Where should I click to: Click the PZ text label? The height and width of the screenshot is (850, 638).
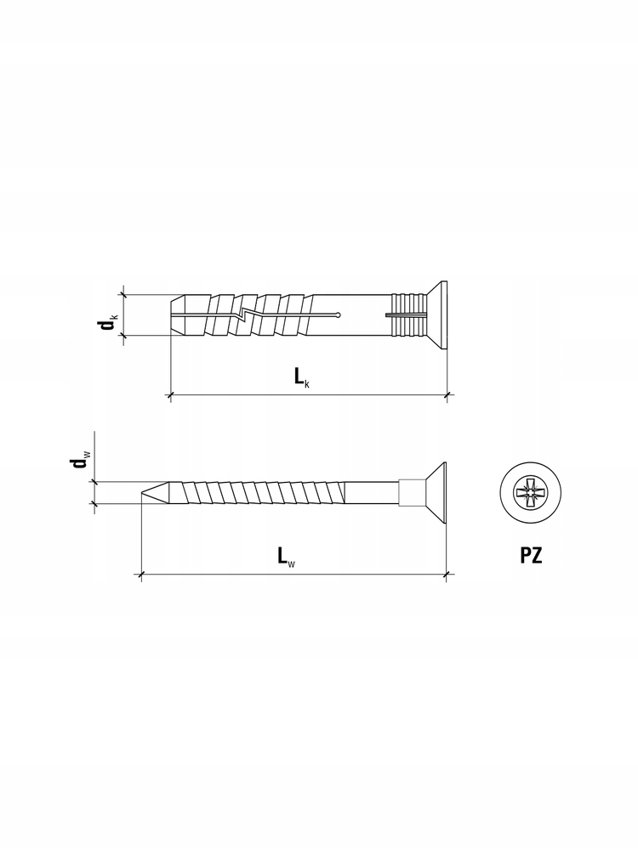pos(531,556)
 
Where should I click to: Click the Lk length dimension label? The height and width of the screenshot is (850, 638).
pos(302,377)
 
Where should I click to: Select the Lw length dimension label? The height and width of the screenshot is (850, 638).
pos(286,556)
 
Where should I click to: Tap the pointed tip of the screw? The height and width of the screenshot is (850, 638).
pos(143,493)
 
